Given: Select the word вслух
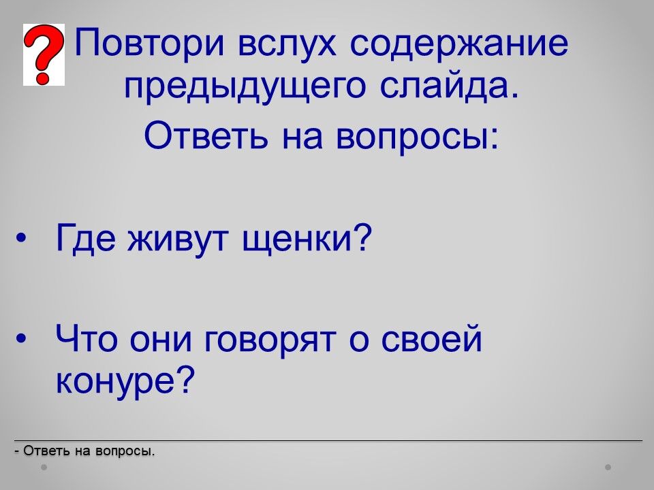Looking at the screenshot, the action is (287, 43).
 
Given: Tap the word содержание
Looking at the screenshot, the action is (458, 44).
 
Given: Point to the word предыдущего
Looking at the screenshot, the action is (245, 86).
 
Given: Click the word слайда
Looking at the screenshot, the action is (450, 84).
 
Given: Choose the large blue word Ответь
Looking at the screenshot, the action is (206, 135).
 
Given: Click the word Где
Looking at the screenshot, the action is (86, 238).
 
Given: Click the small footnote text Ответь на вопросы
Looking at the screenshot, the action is (84, 451).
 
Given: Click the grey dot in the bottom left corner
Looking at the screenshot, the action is (44, 468).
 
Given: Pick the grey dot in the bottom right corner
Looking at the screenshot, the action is (608, 468).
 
